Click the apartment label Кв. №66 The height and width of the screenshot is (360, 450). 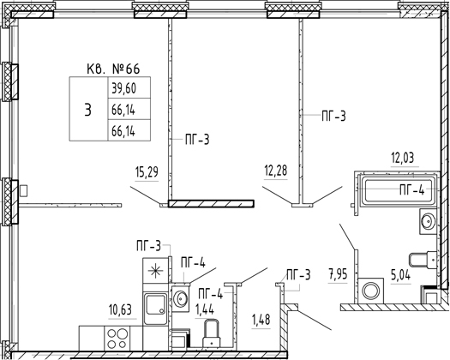113,69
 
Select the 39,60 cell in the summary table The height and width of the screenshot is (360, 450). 129,87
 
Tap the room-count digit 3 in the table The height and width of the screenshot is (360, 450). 88,110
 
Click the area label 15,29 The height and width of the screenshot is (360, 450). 147,173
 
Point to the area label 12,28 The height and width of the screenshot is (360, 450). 275,171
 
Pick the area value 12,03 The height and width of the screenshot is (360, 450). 403,158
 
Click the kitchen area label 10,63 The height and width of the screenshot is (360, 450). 120,310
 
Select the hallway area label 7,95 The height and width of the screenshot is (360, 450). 338,274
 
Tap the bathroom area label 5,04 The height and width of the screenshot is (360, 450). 400,275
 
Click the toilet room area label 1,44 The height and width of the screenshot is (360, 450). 205,309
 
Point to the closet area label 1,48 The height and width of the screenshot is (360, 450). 261,319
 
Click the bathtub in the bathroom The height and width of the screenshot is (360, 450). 399,191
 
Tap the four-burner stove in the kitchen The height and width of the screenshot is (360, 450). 117,339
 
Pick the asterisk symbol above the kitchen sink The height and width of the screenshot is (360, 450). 155,271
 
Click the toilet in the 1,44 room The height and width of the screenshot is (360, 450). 212,335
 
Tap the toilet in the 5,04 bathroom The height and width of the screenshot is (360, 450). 423,260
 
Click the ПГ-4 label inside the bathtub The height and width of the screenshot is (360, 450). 411,189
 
